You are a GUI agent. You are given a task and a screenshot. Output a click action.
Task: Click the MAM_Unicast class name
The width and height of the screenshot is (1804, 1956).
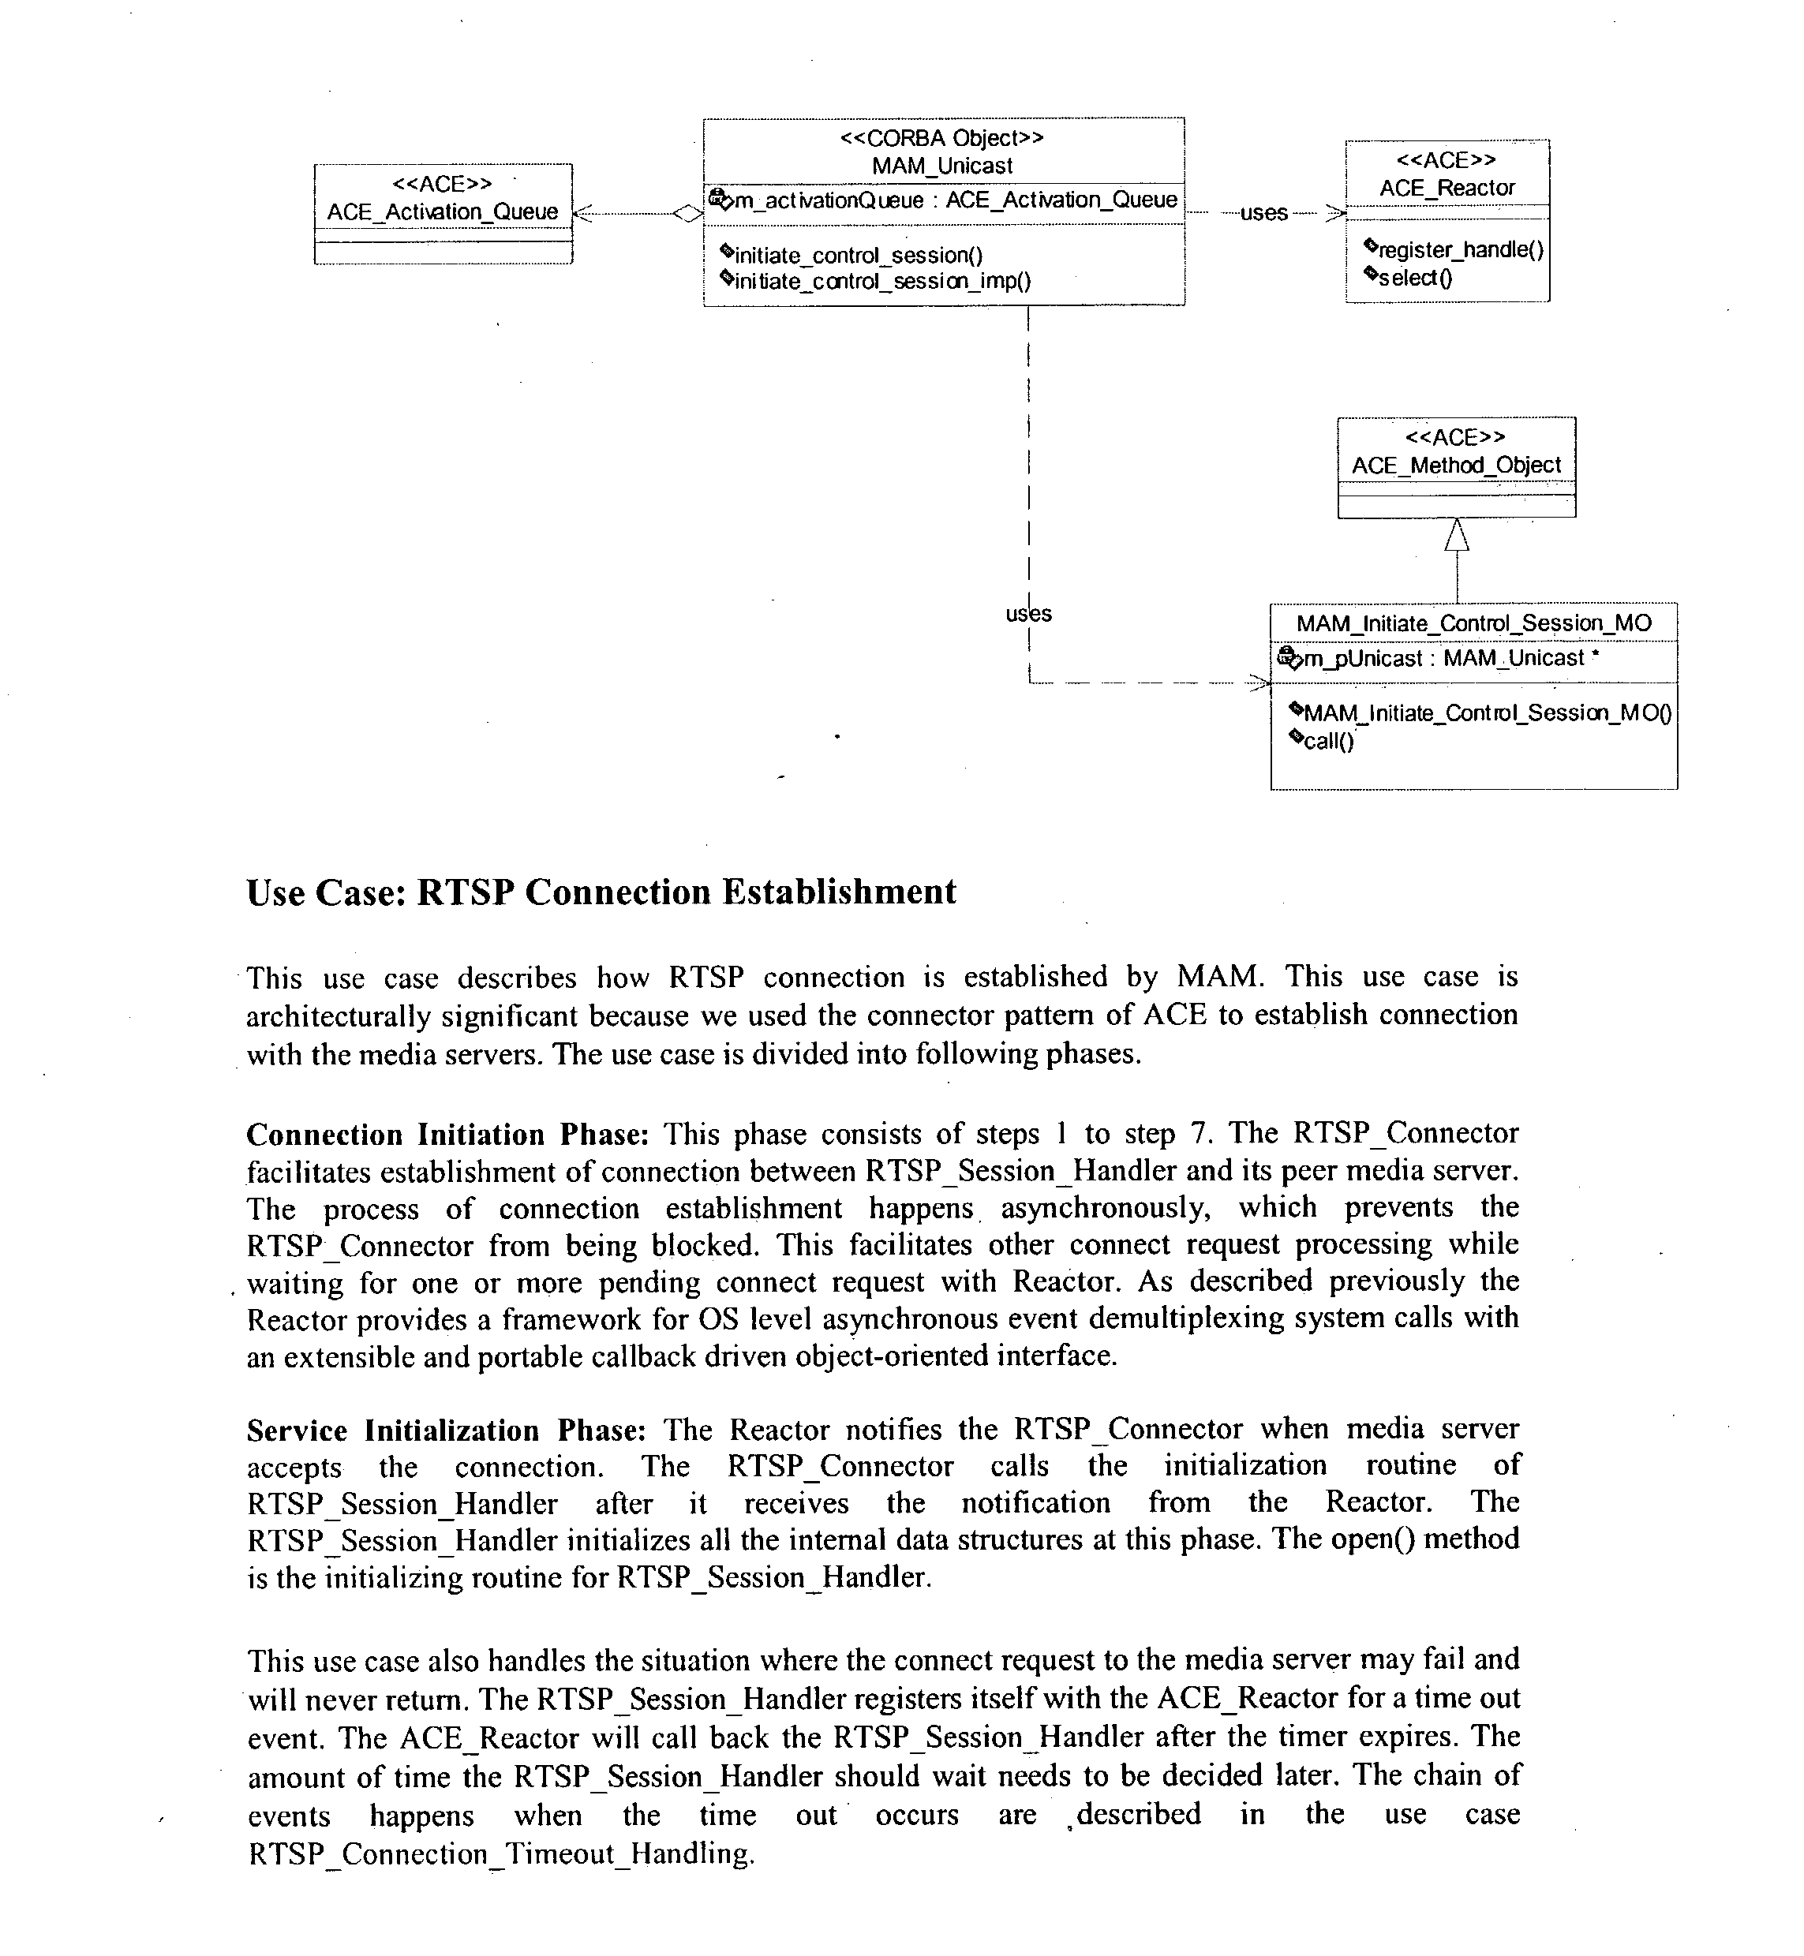point(942,166)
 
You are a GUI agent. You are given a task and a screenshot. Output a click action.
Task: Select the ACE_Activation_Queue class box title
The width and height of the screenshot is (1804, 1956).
point(442,211)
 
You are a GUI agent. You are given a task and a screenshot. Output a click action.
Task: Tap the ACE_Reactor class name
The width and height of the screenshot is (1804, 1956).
point(1447,188)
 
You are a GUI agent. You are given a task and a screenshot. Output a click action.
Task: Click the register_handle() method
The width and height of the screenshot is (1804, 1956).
point(1459,250)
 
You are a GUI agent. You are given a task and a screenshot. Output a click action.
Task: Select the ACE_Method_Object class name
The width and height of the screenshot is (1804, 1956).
point(1455,466)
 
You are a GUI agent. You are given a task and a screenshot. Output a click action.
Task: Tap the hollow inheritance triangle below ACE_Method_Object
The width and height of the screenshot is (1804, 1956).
point(1457,535)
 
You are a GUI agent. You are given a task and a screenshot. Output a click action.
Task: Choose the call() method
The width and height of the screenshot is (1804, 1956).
point(1327,741)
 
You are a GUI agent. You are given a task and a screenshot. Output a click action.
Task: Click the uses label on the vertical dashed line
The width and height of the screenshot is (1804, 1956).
point(1029,614)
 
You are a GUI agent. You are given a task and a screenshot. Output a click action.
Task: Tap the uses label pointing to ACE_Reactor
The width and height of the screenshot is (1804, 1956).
point(1263,213)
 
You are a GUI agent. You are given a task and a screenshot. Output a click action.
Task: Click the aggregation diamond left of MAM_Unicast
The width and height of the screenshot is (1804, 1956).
point(687,214)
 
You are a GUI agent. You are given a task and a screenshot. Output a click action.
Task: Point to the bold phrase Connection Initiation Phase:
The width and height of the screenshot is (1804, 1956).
point(447,1134)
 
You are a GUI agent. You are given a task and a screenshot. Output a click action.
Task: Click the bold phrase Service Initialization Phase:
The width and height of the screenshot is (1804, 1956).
point(446,1430)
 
